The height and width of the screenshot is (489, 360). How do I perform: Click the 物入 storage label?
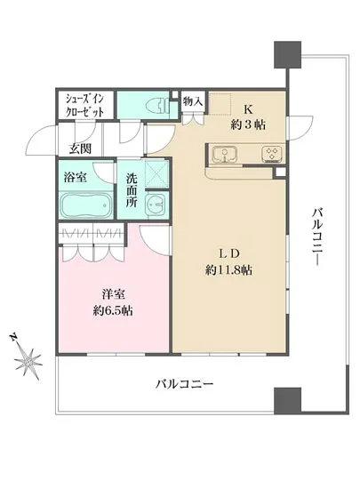pyautogui.click(x=194, y=102)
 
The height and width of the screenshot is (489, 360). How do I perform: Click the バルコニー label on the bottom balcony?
pyautogui.click(x=184, y=385)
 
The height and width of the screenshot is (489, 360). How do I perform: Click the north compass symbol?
pyautogui.click(x=29, y=360)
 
